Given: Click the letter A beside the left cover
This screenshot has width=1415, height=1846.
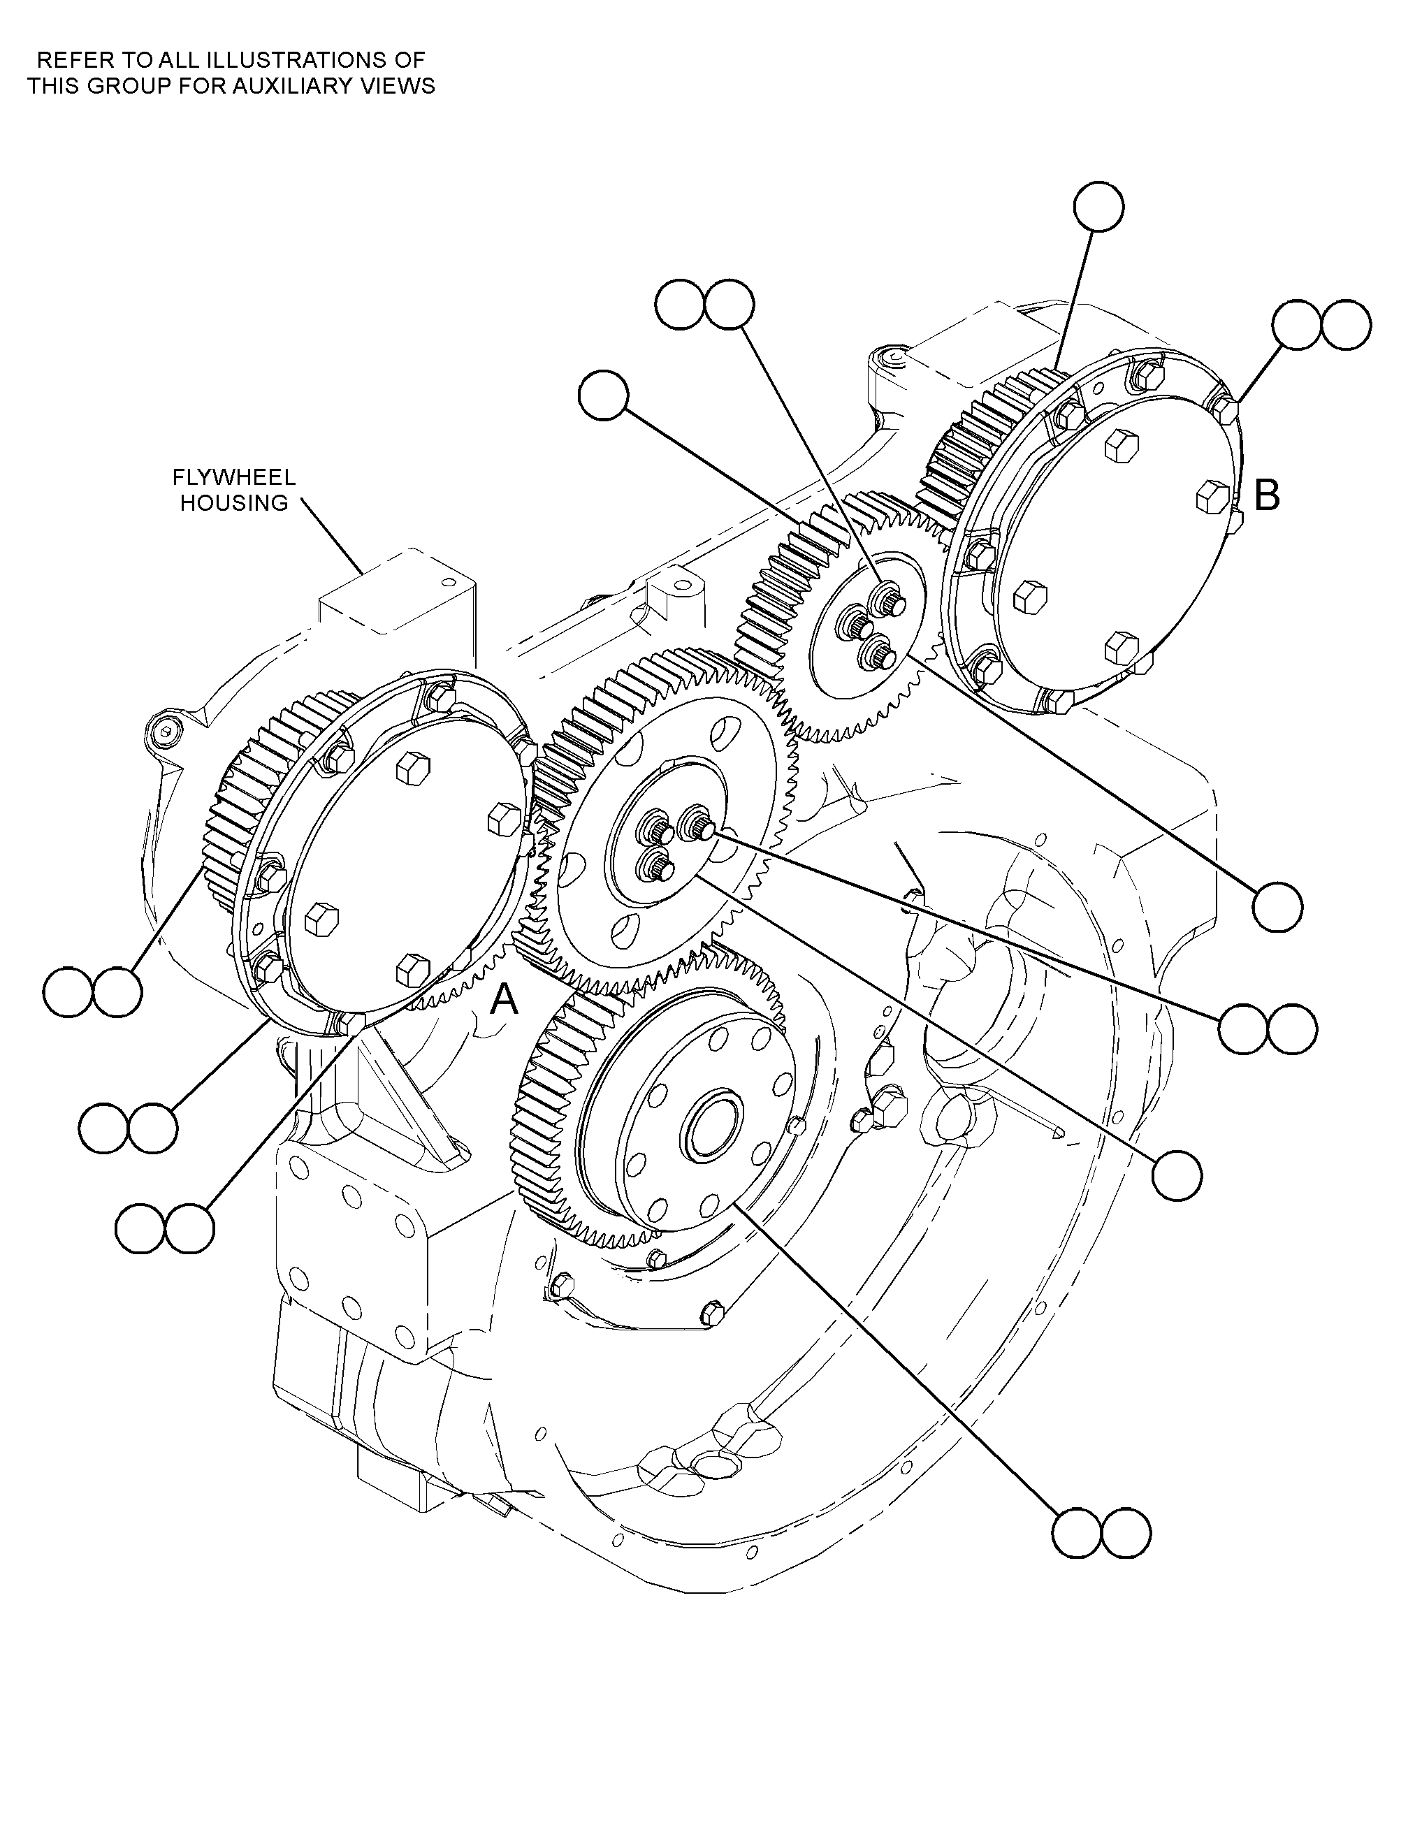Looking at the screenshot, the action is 504,1000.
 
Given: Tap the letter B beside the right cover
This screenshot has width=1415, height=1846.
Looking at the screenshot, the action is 1267,496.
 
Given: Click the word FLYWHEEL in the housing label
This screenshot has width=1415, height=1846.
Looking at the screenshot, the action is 234,477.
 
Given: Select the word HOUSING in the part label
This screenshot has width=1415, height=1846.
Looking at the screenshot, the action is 234,503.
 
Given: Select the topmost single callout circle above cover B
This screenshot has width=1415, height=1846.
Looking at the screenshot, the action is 1099,206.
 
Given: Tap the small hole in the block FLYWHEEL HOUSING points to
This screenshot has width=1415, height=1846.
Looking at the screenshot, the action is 442,582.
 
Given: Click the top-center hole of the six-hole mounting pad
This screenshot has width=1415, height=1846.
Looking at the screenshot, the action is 346,1197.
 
